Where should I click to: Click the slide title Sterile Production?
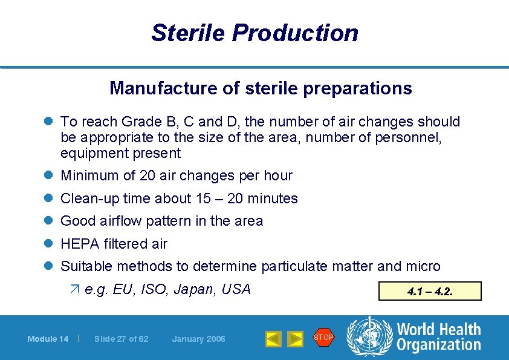tap(254, 33)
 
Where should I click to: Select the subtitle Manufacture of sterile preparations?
tap(261, 88)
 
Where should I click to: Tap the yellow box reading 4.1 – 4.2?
tap(430, 291)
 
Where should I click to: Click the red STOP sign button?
tap(323, 337)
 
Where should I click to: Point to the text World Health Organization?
tap(438, 337)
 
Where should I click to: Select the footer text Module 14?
tap(48, 339)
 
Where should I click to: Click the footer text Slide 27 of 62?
tap(121, 339)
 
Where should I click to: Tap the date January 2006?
tap(198, 339)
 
